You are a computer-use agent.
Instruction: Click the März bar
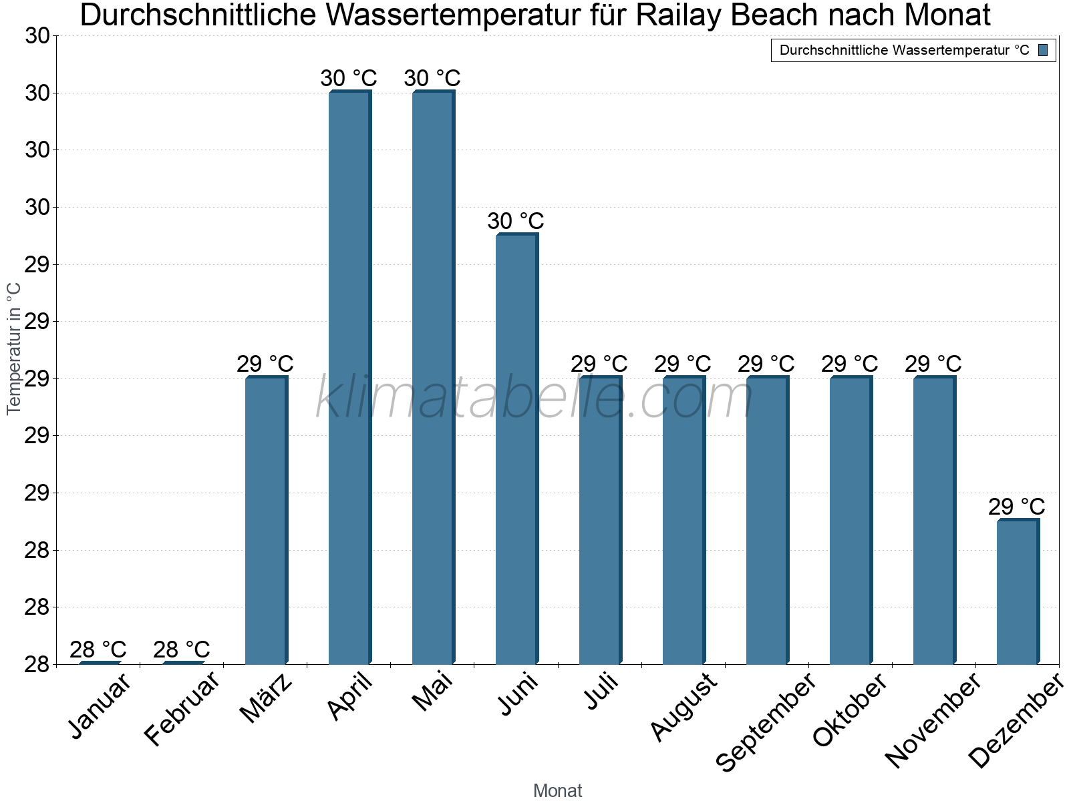tap(266, 520)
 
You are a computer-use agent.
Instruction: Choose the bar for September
tap(767, 520)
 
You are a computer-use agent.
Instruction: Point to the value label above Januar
tap(98, 649)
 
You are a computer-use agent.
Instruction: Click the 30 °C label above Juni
tap(516, 221)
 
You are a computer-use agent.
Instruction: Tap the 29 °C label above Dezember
tap(1017, 507)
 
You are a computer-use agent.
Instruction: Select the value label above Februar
tap(182, 649)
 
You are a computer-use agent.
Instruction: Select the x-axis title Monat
tap(558, 791)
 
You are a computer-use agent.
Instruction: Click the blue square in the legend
tap(1044, 50)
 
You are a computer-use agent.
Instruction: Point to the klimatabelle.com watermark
tap(534, 398)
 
